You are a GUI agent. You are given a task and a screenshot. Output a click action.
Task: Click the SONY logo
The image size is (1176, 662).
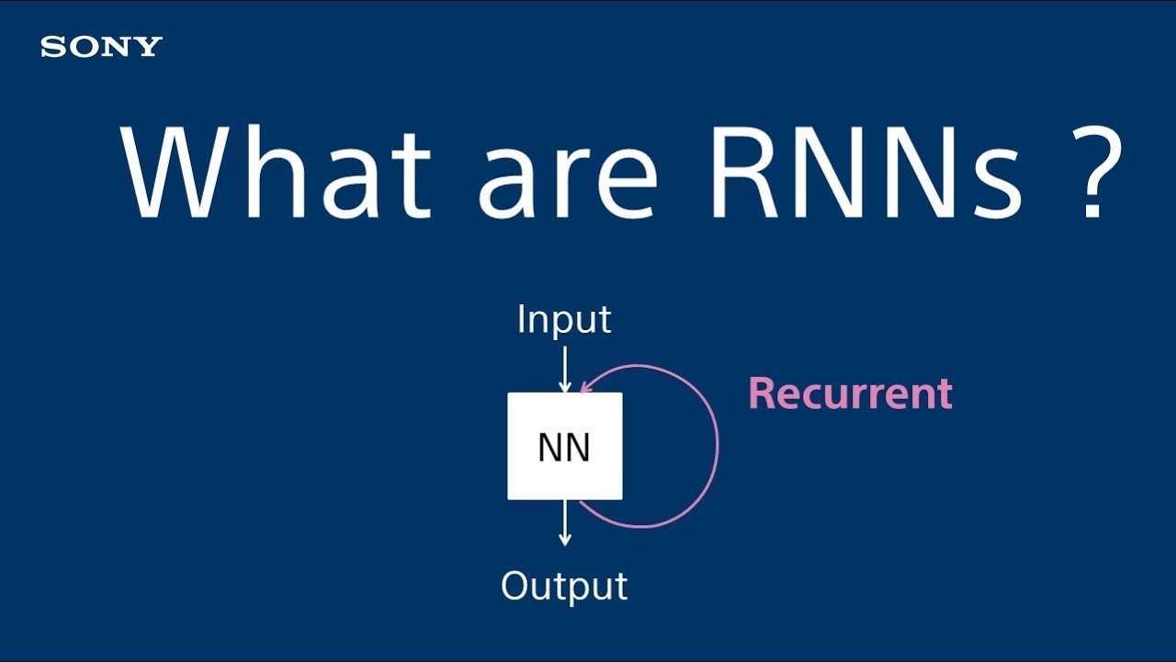point(101,47)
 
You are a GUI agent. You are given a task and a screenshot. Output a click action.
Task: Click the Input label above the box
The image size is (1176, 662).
point(564,320)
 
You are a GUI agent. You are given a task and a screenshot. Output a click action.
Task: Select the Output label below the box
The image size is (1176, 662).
point(564,586)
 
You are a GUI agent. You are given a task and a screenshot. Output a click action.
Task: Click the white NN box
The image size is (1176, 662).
point(564,447)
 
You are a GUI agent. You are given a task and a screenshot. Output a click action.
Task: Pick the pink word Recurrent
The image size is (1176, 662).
point(850,394)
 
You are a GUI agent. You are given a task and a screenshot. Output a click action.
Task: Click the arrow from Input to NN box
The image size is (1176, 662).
point(565,368)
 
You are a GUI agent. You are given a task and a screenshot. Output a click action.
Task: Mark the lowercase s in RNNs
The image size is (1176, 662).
point(997,184)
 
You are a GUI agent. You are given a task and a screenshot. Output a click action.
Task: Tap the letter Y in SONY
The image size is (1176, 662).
point(150,47)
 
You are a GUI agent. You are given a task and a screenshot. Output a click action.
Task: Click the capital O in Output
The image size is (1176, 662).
point(516,586)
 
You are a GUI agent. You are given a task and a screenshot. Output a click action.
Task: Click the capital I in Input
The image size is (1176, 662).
point(521,320)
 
